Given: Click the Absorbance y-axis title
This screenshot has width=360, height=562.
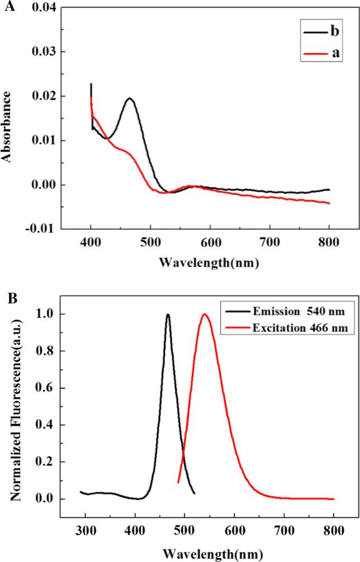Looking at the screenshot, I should (7, 118).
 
